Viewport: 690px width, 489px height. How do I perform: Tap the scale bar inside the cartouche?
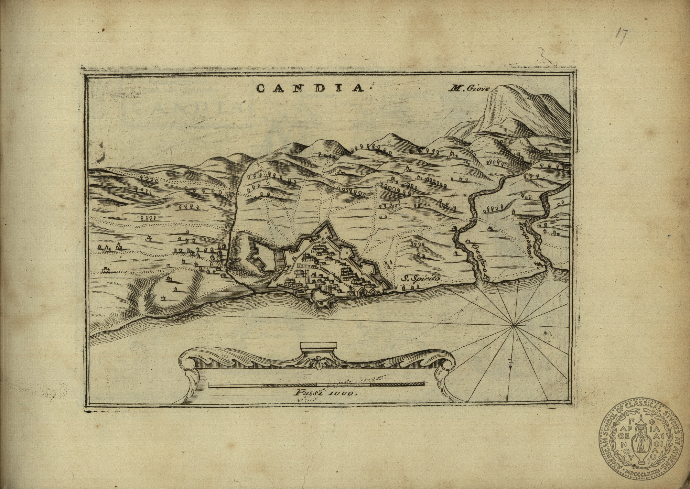(x=316, y=384)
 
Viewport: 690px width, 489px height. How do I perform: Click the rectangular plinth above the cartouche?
(x=318, y=346)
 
